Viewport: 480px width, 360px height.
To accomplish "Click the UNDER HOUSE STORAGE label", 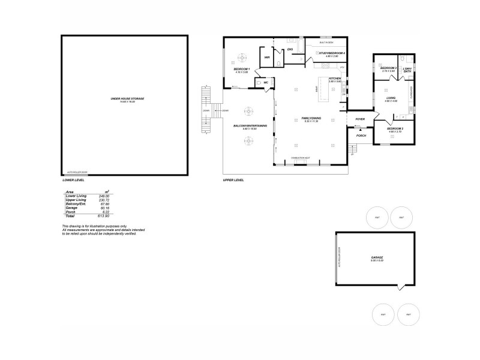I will tap(127, 98).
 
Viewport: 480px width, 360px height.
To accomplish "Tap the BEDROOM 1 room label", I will tap(241, 69).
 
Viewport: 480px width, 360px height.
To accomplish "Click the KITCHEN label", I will tap(335, 79).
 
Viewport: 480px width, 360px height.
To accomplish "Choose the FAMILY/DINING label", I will tap(311, 118).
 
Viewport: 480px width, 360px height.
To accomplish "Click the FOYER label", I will tap(360, 119).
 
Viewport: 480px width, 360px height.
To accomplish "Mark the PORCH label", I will tap(361, 136).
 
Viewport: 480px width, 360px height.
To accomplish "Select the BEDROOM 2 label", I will tap(394, 129).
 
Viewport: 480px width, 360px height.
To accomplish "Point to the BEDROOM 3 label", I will tap(388, 68).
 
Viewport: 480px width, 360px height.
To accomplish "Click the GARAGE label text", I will tap(377, 257).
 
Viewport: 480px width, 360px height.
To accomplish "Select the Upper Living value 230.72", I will tap(106, 200).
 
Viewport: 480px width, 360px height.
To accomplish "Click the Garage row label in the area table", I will tap(71, 208).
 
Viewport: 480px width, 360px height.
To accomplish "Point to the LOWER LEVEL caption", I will tap(74, 179).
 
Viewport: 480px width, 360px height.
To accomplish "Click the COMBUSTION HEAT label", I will tap(300, 158).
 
